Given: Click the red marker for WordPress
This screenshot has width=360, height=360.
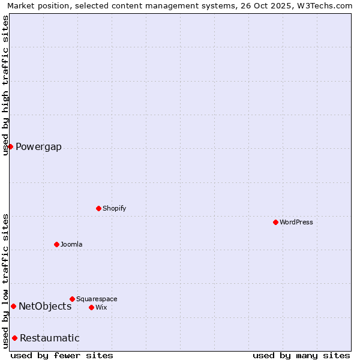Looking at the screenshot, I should point(275,222).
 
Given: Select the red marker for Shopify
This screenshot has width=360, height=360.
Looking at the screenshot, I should point(98,208).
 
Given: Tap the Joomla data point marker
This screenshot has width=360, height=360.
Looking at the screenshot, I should point(56,244).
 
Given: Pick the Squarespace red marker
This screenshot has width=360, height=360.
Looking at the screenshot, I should point(72,299).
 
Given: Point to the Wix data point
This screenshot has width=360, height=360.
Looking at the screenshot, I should point(91,307).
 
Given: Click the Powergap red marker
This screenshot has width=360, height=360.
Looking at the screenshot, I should point(10,146).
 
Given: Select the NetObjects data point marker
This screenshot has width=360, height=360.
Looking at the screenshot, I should point(13,306).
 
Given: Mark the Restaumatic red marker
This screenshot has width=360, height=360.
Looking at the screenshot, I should point(14,338).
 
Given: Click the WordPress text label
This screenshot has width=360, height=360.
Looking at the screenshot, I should point(296,222).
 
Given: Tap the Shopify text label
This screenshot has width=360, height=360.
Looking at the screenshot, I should point(114,208).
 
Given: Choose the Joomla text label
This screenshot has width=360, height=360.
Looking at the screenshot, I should point(71,244).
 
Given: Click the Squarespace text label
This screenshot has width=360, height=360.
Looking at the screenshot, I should point(97,299).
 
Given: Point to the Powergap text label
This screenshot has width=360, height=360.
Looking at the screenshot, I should point(38,147).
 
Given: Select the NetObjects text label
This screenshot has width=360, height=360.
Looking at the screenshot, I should point(45,307).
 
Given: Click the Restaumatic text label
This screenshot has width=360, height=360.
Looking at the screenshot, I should point(50,338).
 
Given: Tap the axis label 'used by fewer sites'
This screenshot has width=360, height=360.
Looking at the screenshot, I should point(62,355).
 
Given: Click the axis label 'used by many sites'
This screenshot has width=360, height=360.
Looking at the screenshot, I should point(301,355).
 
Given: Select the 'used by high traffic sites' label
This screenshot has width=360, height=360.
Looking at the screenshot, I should point(5,85).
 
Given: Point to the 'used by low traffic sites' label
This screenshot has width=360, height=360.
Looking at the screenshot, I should point(5,281).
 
